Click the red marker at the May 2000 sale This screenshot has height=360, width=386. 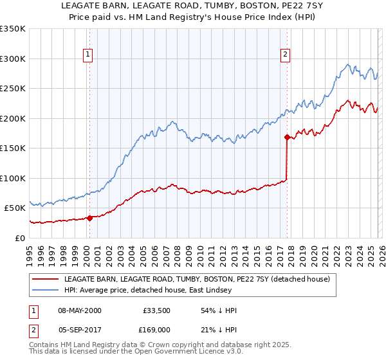(90, 218)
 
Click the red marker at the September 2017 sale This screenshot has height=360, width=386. (287, 137)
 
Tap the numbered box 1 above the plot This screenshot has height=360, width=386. (87, 55)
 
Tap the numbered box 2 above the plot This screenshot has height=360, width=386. (284, 55)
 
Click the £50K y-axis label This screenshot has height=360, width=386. (15, 208)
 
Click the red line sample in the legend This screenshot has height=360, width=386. (46, 279)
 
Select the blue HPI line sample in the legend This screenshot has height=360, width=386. (46, 291)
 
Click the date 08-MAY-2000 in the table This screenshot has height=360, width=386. (79, 310)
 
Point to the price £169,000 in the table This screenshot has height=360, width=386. (155, 329)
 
